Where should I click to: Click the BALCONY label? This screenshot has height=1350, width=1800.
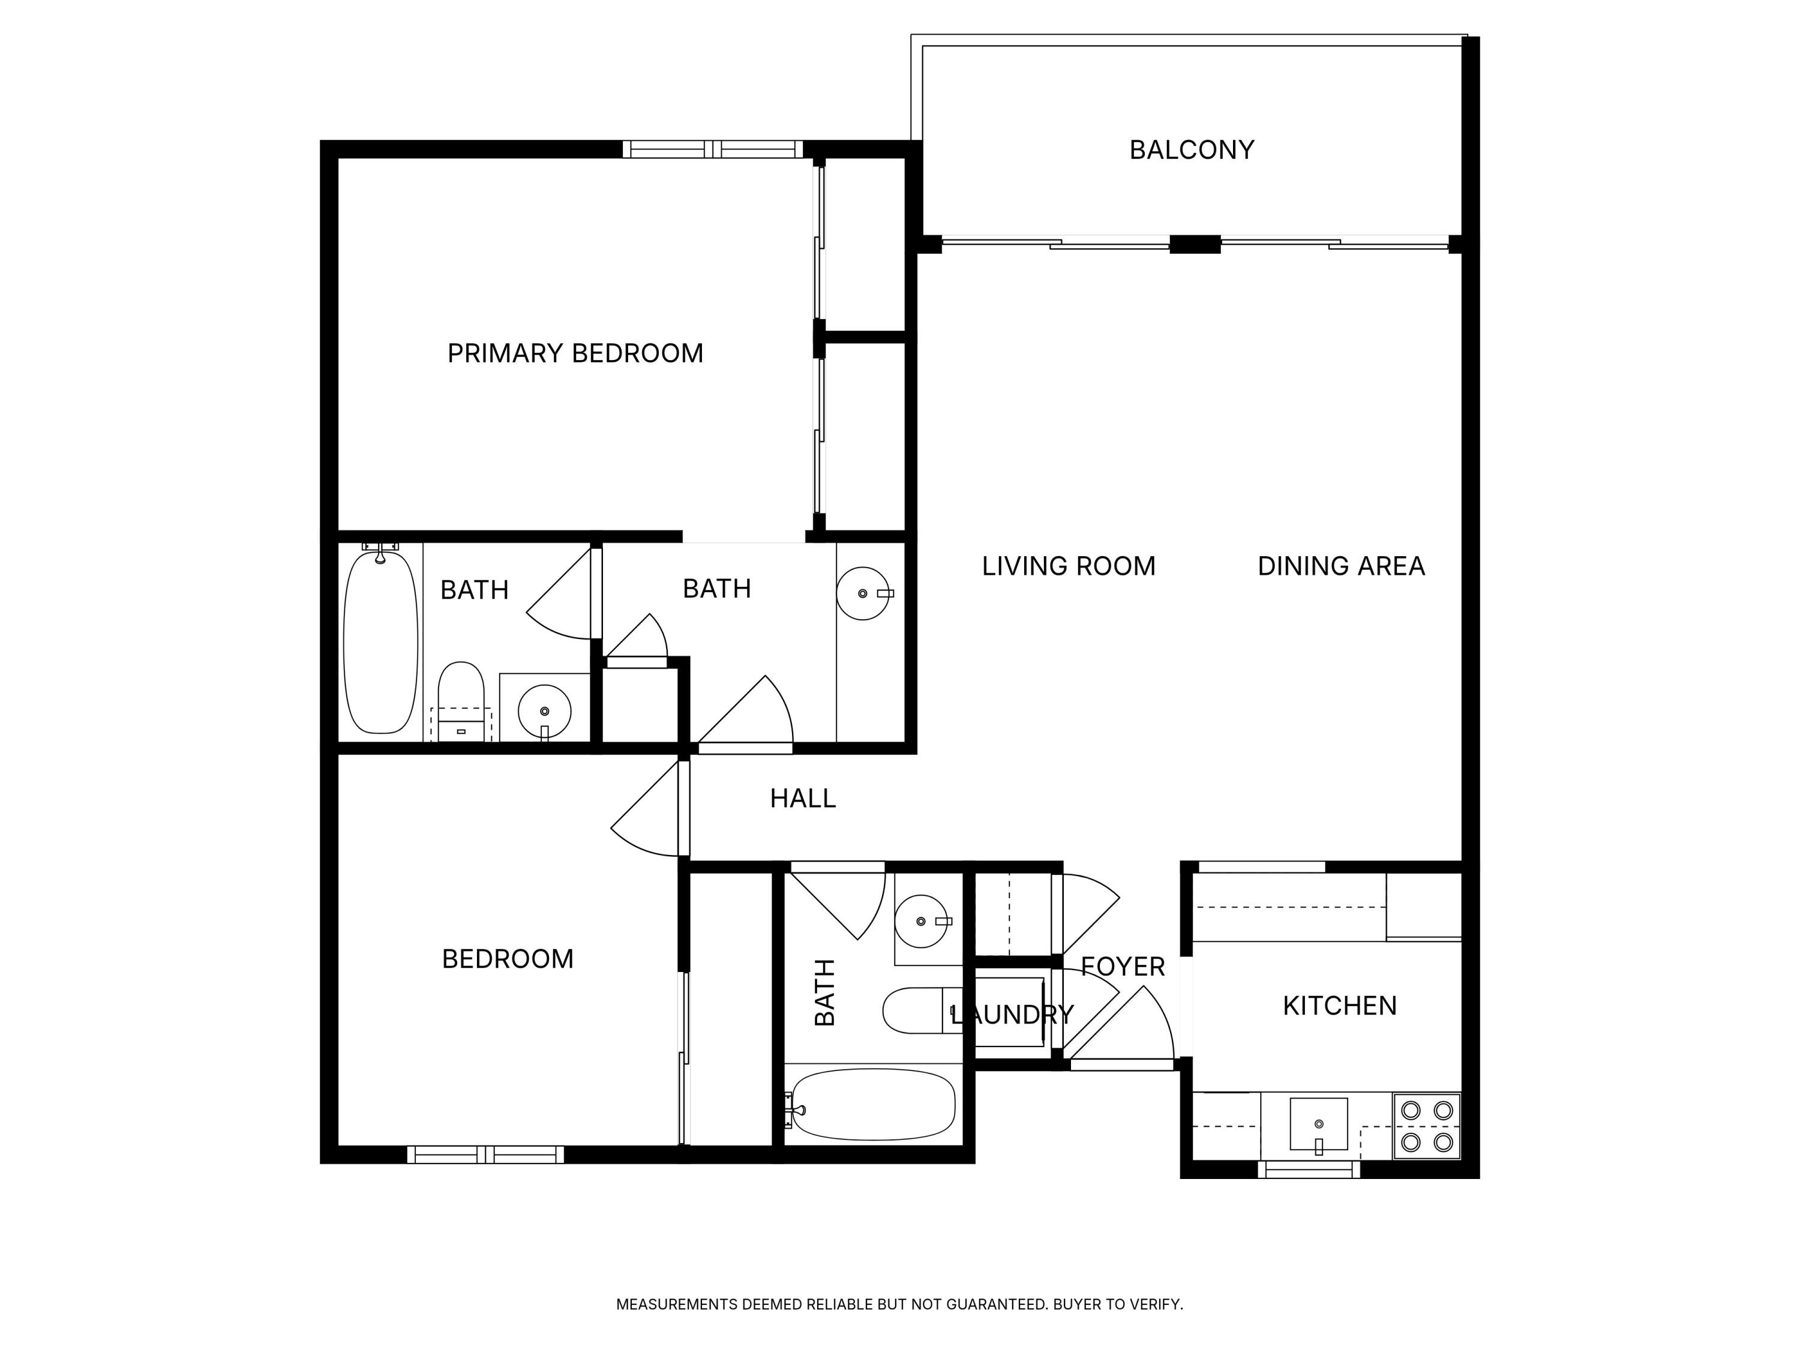pos(1192,150)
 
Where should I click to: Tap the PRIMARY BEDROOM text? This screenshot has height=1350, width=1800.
pos(575,353)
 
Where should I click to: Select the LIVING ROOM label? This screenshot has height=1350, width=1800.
pos(1069,566)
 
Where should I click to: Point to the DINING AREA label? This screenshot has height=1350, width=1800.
pos(1341,566)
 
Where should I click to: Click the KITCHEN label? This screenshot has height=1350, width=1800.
pos(1339,1006)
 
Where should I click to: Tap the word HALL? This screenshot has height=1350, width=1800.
pos(802,798)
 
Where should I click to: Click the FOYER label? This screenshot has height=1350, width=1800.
pos(1123,967)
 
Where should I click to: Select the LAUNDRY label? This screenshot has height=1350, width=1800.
pos(1012,1015)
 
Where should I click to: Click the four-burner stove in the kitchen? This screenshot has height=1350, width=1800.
pos(1426,1126)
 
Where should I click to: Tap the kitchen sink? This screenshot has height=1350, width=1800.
pos(1318,1124)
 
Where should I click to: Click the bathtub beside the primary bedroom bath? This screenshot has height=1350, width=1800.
pos(380,642)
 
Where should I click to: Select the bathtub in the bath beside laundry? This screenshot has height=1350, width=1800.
pos(872,1104)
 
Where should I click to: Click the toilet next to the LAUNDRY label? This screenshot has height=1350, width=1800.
pos(913,1010)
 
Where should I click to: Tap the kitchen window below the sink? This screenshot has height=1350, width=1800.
pos(1309,1169)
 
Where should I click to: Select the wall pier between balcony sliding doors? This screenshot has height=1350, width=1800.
pos(1195,244)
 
